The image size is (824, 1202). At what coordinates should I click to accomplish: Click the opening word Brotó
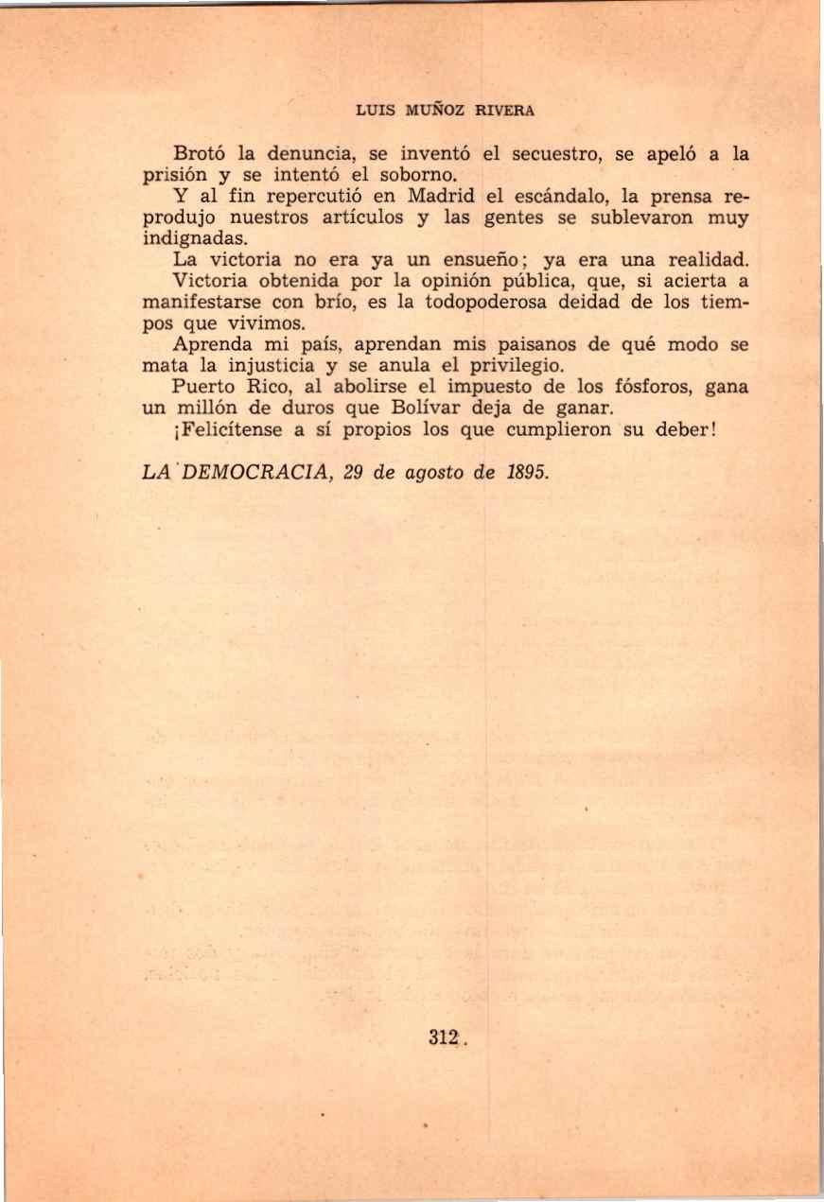(200, 152)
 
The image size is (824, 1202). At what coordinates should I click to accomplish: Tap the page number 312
(443, 1037)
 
